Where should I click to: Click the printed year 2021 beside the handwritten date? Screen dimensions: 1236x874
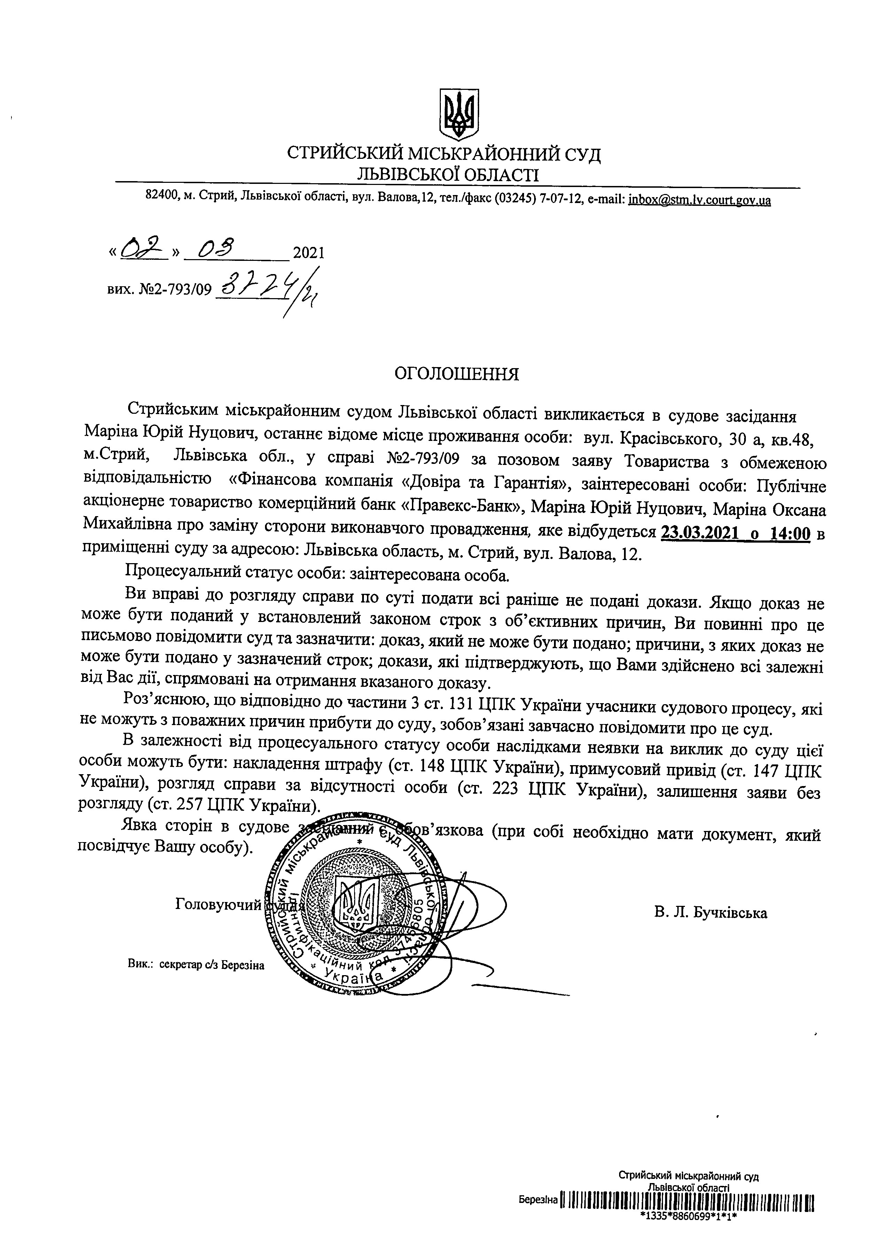[x=309, y=253]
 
